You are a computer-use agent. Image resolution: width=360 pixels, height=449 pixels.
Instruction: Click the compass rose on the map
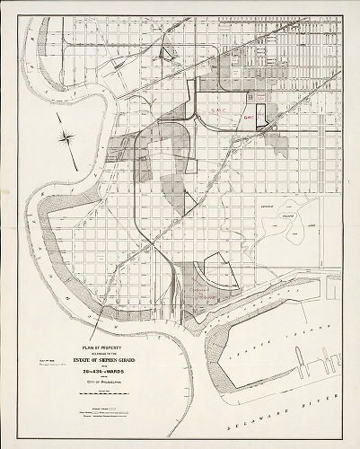(67, 137)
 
